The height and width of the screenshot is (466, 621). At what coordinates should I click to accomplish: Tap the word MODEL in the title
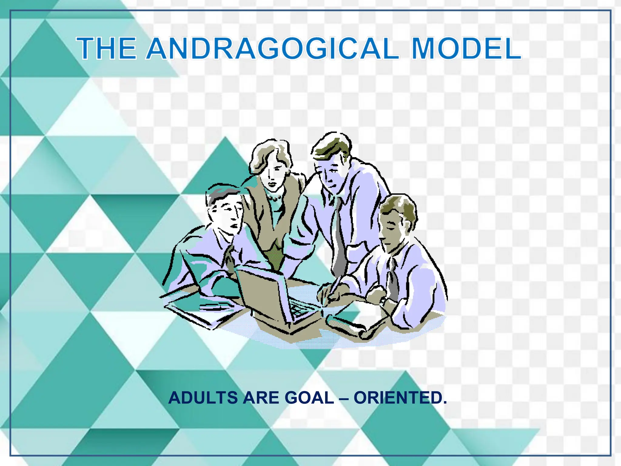[466, 49]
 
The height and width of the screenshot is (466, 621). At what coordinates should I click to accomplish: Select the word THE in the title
[106, 49]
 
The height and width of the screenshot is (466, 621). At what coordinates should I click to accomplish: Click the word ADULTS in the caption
[203, 398]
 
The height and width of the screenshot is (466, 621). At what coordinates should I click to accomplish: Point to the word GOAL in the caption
[309, 398]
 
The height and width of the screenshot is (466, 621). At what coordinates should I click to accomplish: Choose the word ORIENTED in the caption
[400, 398]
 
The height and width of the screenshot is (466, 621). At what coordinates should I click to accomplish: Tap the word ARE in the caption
[260, 398]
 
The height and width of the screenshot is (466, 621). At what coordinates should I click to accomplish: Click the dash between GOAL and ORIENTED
[344, 398]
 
